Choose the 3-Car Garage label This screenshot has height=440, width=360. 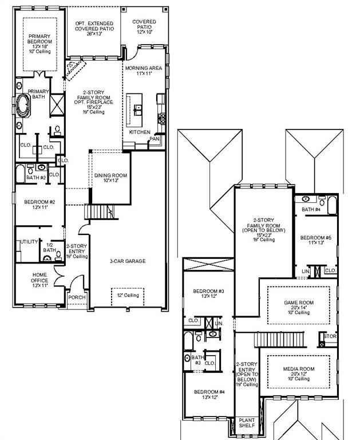(128, 261)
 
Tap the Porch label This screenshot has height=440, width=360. (77, 297)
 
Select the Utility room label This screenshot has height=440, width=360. (29, 242)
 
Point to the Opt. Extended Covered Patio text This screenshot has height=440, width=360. (95, 29)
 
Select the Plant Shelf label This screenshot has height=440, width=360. (247, 423)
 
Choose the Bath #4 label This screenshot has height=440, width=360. (311, 210)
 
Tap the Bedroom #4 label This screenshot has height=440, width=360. (208, 395)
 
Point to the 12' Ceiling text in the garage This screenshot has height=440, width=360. (128, 295)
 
